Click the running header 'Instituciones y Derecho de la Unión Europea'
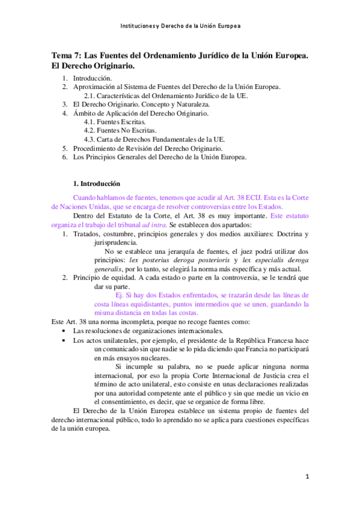click(x=180, y=26)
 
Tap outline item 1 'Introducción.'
click(x=92, y=79)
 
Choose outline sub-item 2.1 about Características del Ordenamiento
click(x=162, y=96)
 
